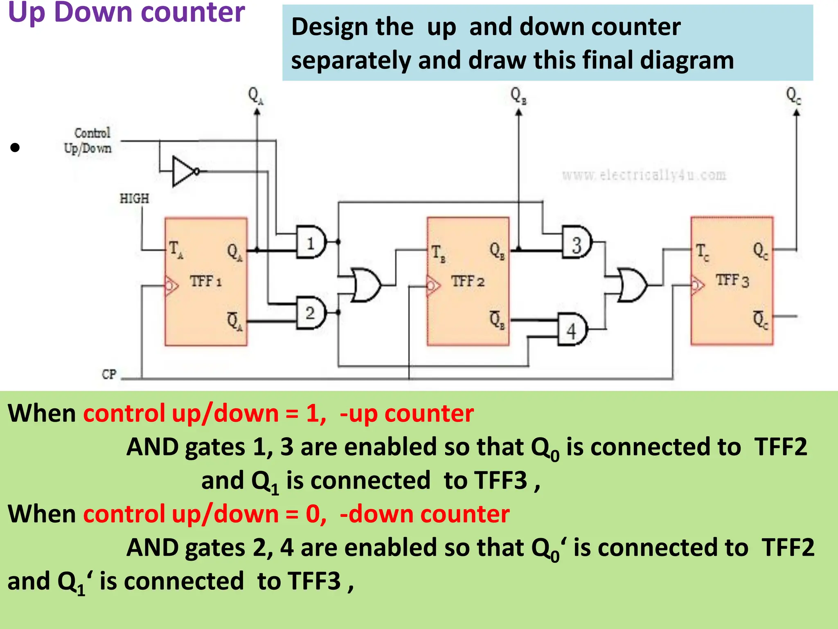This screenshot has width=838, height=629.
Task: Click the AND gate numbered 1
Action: click(311, 242)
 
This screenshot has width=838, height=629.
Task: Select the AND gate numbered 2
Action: click(311, 313)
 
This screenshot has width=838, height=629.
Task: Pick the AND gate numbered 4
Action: click(572, 330)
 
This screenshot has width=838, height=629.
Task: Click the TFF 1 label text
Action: click(205, 281)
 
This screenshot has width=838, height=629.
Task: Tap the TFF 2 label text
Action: click(468, 281)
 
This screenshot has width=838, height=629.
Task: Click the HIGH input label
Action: click(134, 199)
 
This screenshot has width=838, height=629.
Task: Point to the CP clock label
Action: click(109, 374)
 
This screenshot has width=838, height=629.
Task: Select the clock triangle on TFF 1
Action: click(171, 285)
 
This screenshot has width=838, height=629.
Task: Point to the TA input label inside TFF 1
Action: click(176, 249)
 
